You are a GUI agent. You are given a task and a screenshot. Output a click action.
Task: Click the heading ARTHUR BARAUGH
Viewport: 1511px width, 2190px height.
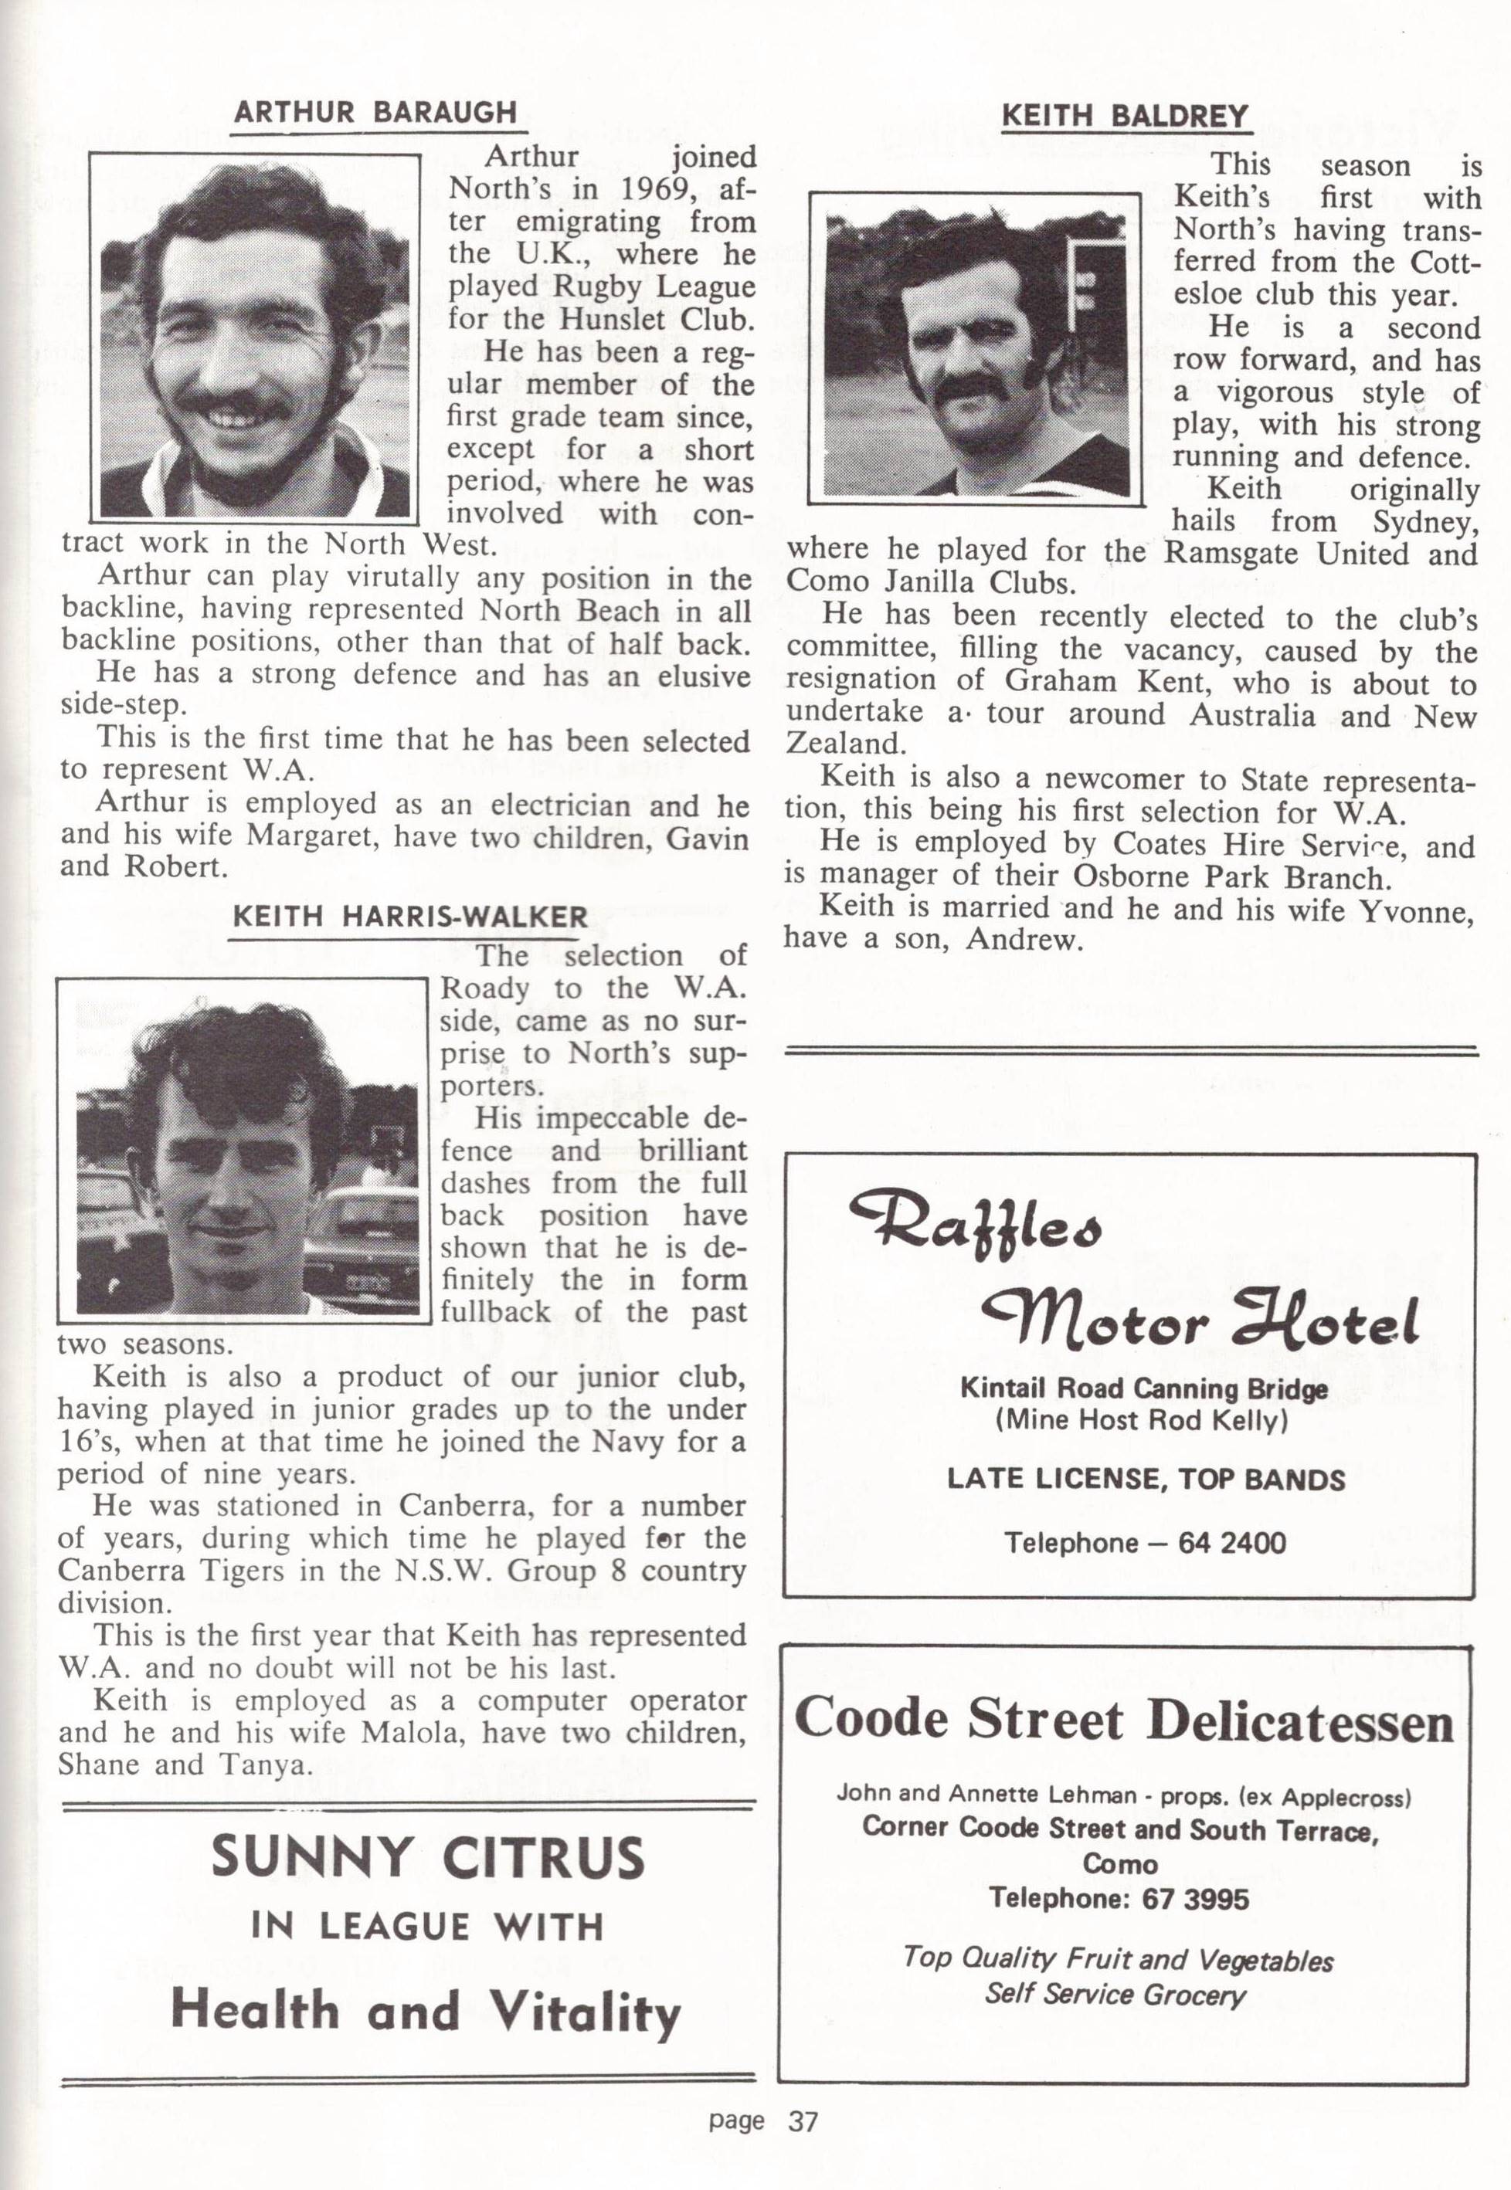click(x=375, y=113)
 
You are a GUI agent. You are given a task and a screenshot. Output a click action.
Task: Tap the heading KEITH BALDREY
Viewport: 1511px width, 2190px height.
click(x=1125, y=117)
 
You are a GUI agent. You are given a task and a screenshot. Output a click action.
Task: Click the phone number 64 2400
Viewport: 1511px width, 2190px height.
click(x=1231, y=1544)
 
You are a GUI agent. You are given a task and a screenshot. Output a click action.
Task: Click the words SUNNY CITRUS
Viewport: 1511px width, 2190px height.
click(x=428, y=1857)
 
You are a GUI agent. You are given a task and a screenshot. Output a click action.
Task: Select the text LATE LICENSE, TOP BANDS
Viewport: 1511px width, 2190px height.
click(x=1146, y=1480)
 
